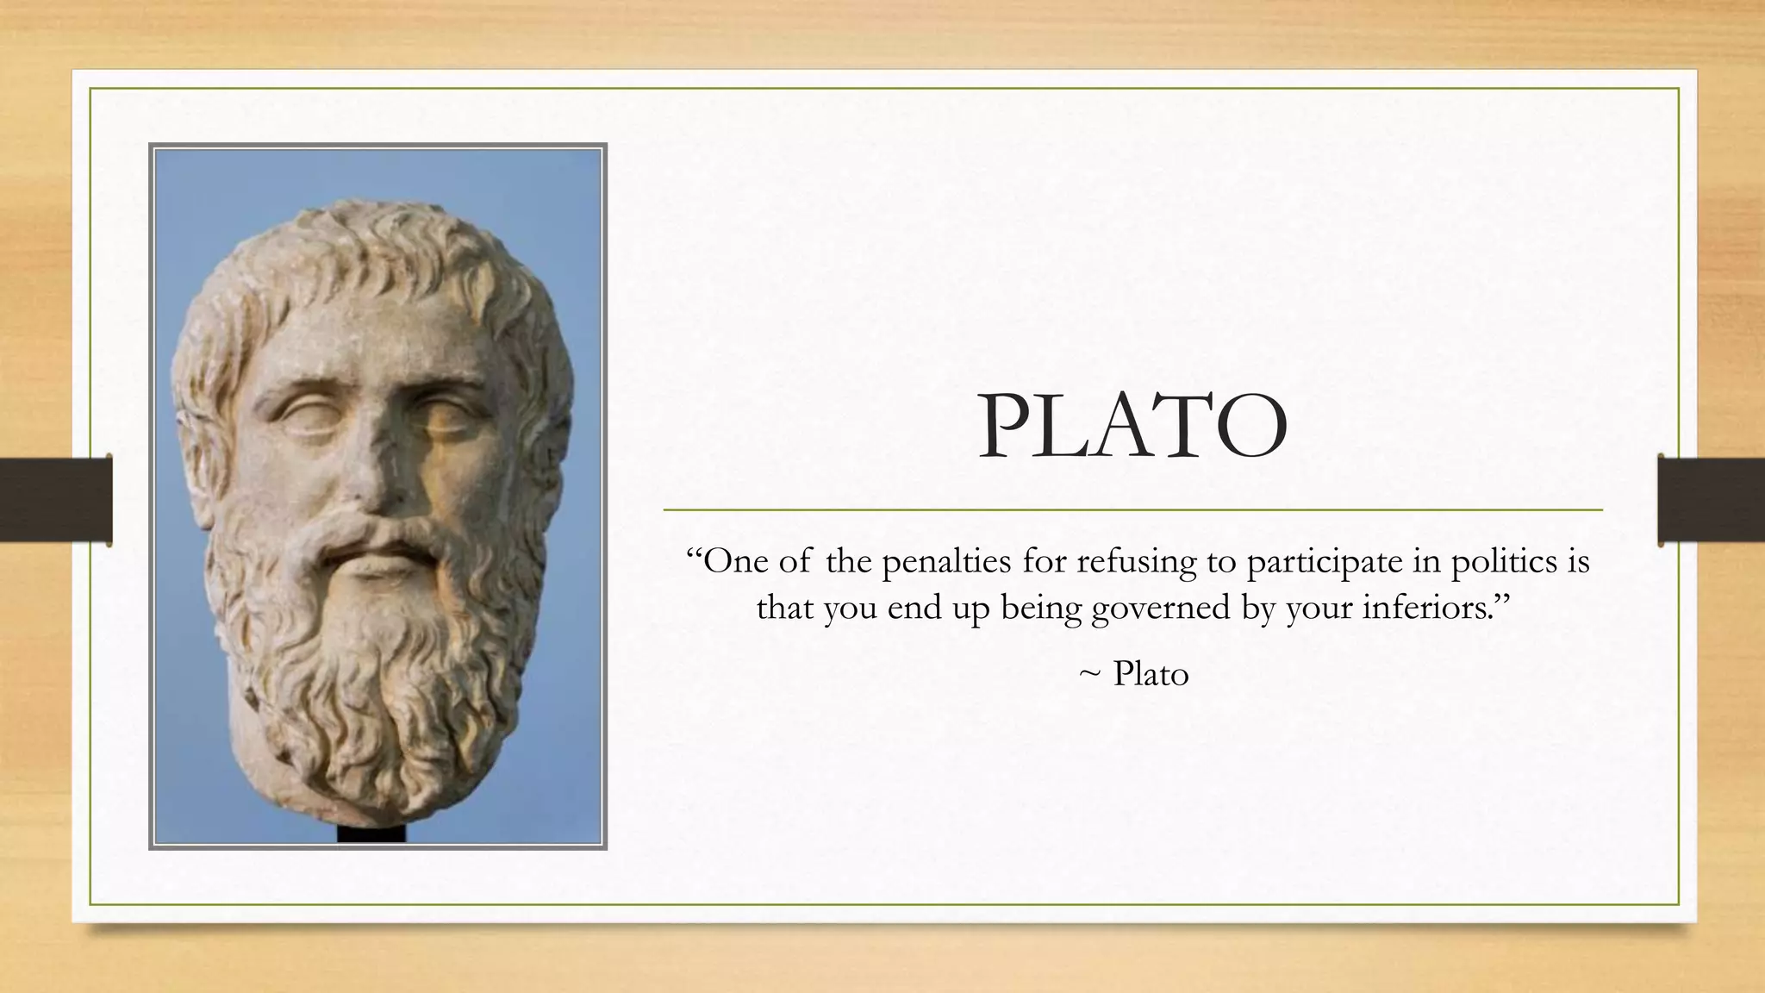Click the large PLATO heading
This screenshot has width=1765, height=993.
(x=1132, y=428)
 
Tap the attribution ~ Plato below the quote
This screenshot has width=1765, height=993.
(x=1134, y=674)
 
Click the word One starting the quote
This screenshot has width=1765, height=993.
(x=733, y=562)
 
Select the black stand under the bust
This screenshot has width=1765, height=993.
(x=371, y=834)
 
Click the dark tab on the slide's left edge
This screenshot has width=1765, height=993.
(x=56, y=501)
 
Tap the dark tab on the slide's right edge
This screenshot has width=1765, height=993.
(x=1710, y=501)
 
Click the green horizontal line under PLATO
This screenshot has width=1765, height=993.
(x=1132, y=510)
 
